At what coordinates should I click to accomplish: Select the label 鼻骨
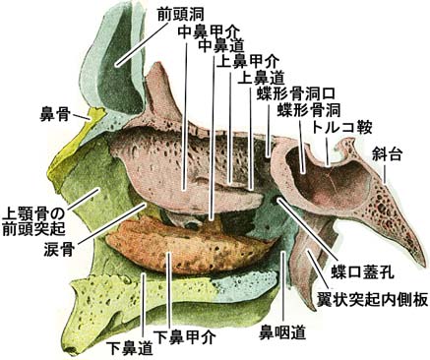pos(53,114)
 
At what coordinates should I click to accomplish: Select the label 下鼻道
pos(130,347)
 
